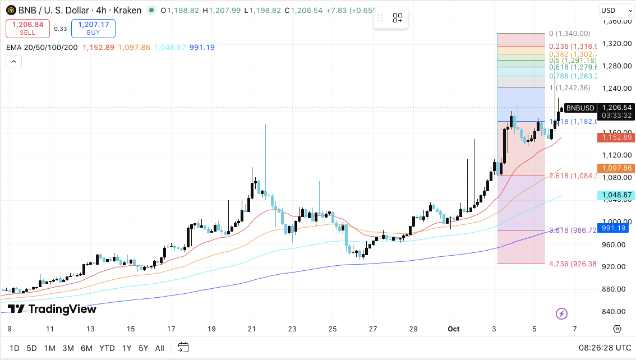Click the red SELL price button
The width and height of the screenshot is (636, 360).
(x=27, y=28)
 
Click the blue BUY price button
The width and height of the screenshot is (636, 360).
(x=93, y=28)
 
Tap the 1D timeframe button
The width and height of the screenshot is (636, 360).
(x=14, y=348)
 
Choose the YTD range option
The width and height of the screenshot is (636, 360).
(x=107, y=348)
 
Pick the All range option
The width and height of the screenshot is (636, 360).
(x=159, y=348)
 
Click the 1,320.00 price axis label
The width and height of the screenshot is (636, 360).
(x=617, y=43)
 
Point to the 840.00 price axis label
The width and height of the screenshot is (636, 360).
(x=617, y=311)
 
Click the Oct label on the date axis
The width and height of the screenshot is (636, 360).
(x=453, y=329)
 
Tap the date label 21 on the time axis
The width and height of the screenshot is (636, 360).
(x=252, y=329)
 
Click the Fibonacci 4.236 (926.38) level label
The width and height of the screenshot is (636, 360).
(x=572, y=264)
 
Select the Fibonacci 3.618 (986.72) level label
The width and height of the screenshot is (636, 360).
(x=572, y=230)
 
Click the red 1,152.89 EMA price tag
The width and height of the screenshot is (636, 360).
(x=616, y=137)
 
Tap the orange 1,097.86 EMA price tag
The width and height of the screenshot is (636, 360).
(x=616, y=168)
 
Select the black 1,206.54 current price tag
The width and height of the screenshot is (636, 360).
(x=616, y=108)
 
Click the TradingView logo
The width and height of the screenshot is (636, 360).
(x=52, y=309)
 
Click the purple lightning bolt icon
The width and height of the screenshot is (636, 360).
(x=561, y=313)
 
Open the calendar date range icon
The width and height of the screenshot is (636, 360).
(x=183, y=348)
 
